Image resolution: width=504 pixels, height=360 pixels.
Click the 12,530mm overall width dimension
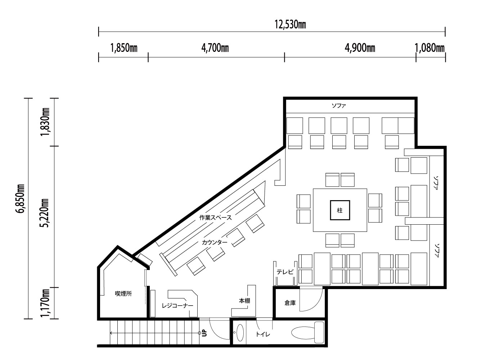tap(290, 24)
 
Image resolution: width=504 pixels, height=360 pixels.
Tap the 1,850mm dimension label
tap(124, 48)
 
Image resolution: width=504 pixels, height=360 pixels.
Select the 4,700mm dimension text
tap(215, 48)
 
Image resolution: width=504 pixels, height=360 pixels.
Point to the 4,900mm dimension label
tap(360, 48)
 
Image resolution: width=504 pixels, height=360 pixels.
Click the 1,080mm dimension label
tap(429, 48)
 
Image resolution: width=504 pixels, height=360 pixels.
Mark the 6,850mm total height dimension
tap(20, 198)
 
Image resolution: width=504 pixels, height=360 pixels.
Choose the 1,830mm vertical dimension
tap(45, 122)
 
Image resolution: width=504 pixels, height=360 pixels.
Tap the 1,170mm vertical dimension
tap(45, 303)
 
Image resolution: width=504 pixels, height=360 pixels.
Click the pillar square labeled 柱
tap(340, 210)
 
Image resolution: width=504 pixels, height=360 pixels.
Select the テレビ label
tap(285, 272)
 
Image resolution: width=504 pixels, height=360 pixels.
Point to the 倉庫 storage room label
tap(290, 303)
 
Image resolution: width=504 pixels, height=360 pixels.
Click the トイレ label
tap(263, 334)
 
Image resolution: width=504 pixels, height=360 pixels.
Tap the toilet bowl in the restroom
tap(307, 332)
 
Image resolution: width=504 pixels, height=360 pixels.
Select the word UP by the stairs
tap(204, 333)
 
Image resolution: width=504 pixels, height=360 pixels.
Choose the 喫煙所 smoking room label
tap(123, 294)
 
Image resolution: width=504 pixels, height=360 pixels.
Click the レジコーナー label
tap(177, 306)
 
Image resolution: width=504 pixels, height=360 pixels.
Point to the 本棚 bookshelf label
tap(244, 301)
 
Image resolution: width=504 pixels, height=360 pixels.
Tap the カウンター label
tap(215, 242)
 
